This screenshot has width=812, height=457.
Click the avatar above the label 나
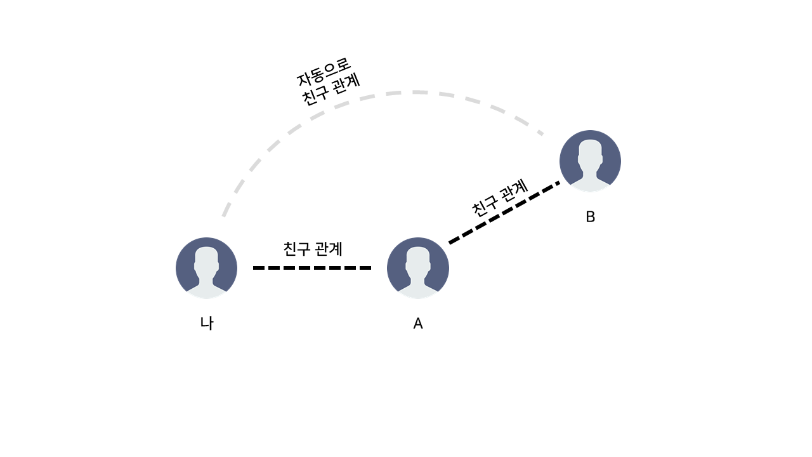coord(206,268)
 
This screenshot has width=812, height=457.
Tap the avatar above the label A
coord(418,268)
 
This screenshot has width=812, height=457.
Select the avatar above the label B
coord(590,161)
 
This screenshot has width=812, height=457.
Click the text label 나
coord(207,324)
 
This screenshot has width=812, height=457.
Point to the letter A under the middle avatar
coord(418,324)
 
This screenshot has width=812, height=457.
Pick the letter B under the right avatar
coord(590,216)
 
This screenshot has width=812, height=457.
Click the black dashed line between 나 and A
coord(312,268)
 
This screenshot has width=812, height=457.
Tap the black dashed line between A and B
coord(504,213)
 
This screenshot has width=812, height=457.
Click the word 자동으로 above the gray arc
coord(324,72)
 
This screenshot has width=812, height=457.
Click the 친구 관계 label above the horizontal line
coord(313,249)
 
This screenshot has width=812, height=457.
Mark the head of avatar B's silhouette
coord(590,152)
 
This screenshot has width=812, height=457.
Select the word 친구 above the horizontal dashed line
coord(297,249)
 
